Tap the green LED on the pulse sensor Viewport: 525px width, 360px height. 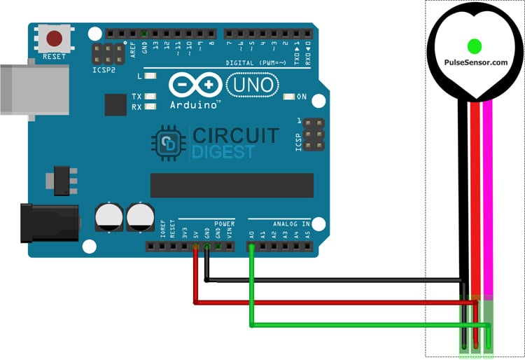click(x=475, y=46)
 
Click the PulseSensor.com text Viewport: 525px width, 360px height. click(x=475, y=62)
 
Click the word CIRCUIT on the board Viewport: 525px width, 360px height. click(x=235, y=134)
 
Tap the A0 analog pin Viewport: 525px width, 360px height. click(x=251, y=246)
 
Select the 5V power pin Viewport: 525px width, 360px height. click(x=195, y=246)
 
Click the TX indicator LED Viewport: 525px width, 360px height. click(x=148, y=96)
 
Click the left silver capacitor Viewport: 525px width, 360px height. click(x=108, y=216)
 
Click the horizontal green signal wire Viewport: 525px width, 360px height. click(x=364, y=326)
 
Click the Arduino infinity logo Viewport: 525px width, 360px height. click(x=195, y=85)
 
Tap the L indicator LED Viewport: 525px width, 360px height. click(x=148, y=76)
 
